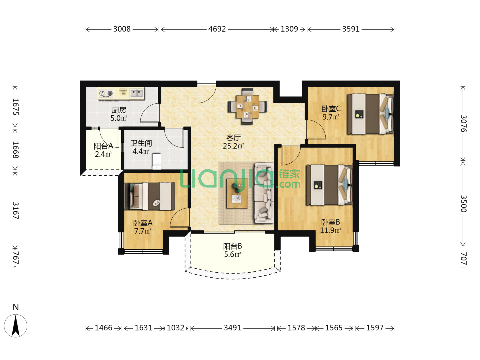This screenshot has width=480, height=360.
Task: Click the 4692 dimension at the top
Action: coord(217,29)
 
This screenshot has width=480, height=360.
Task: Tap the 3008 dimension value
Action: coord(122,29)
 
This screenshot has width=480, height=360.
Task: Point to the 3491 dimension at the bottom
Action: coord(232,328)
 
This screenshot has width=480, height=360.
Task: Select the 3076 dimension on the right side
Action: coord(463,123)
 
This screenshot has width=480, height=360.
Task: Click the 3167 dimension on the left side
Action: coord(16,210)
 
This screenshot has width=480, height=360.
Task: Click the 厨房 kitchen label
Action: coord(119,110)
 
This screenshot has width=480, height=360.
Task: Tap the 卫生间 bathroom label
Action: coord(141,143)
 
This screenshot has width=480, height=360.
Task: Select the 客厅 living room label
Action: coord(233,138)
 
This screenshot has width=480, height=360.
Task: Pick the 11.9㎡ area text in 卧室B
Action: coord(330,230)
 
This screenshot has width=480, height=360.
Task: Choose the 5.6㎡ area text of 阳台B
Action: coord(232,254)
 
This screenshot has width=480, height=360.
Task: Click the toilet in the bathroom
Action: coord(157,161)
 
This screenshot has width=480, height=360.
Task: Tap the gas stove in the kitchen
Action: coord(106,94)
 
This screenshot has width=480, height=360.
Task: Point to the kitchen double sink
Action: coord(137,93)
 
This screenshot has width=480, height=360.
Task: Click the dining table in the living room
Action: coord(248,107)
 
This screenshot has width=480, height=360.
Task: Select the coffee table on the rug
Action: coord(237,193)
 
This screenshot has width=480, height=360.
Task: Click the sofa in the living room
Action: coord(264,193)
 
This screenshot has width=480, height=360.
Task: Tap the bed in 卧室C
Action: coord(370,114)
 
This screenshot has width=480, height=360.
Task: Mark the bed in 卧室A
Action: coord(150,196)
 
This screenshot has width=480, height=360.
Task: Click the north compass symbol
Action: coord(16,326)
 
